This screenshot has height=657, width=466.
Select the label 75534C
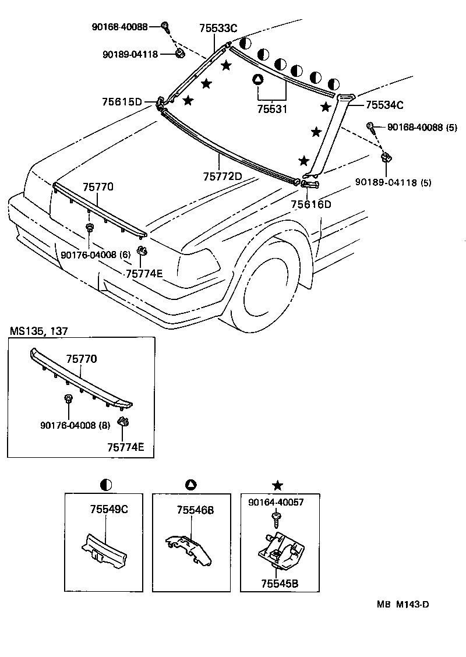coord(384,105)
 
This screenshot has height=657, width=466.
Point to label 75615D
coord(121,103)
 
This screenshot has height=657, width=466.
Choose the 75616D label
coord(311,204)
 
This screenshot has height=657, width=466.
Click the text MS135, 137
coord(38,331)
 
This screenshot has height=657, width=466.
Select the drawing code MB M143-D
coord(403,605)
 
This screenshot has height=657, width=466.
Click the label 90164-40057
coord(276,502)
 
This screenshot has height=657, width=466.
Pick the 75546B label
coord(195,510)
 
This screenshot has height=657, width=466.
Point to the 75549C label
coord(108,509)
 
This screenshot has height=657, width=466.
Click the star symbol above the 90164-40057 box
coord(278,485)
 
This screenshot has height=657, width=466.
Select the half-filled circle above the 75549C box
coord(106,485)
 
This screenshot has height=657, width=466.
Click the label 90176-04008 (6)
coord(96,255)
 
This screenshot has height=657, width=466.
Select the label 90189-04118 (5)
coord(393,182)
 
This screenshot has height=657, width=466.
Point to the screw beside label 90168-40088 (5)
coord(370,126)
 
